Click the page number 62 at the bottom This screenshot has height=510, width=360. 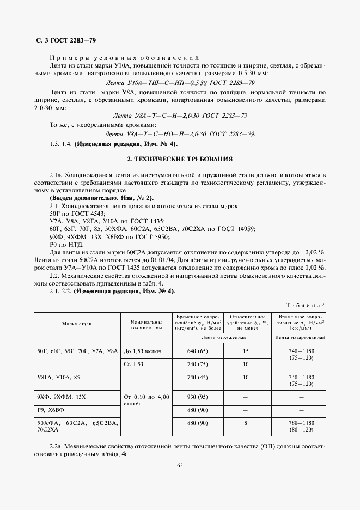click(x=179, y=465)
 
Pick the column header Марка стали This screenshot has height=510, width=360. click(x=77, y=324)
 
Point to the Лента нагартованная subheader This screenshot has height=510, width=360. click(x=300, y=337)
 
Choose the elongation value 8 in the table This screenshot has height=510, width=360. click(x=246, y=423)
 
